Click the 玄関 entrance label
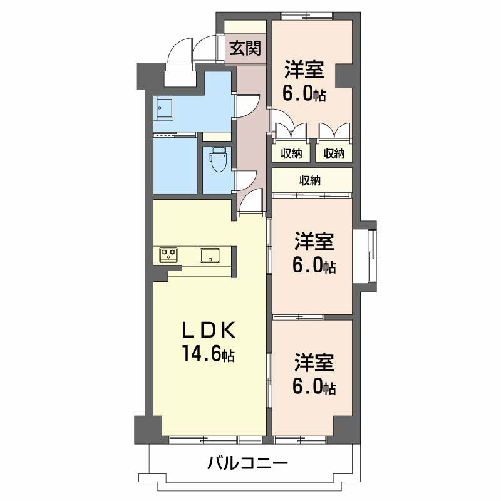[245, 49]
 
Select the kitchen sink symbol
[210, 256]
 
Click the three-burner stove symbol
[168, 255]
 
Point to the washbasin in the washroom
[163, 108]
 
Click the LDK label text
[209, 330]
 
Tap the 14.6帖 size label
[209, 353]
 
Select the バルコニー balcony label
[247, 462]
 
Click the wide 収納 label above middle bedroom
[309, 181]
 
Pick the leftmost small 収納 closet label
[291, 154]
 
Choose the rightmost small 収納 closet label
[334, 154]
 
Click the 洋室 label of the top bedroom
[304, 70]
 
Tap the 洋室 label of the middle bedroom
[314, 242]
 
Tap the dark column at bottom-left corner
[151, 430]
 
